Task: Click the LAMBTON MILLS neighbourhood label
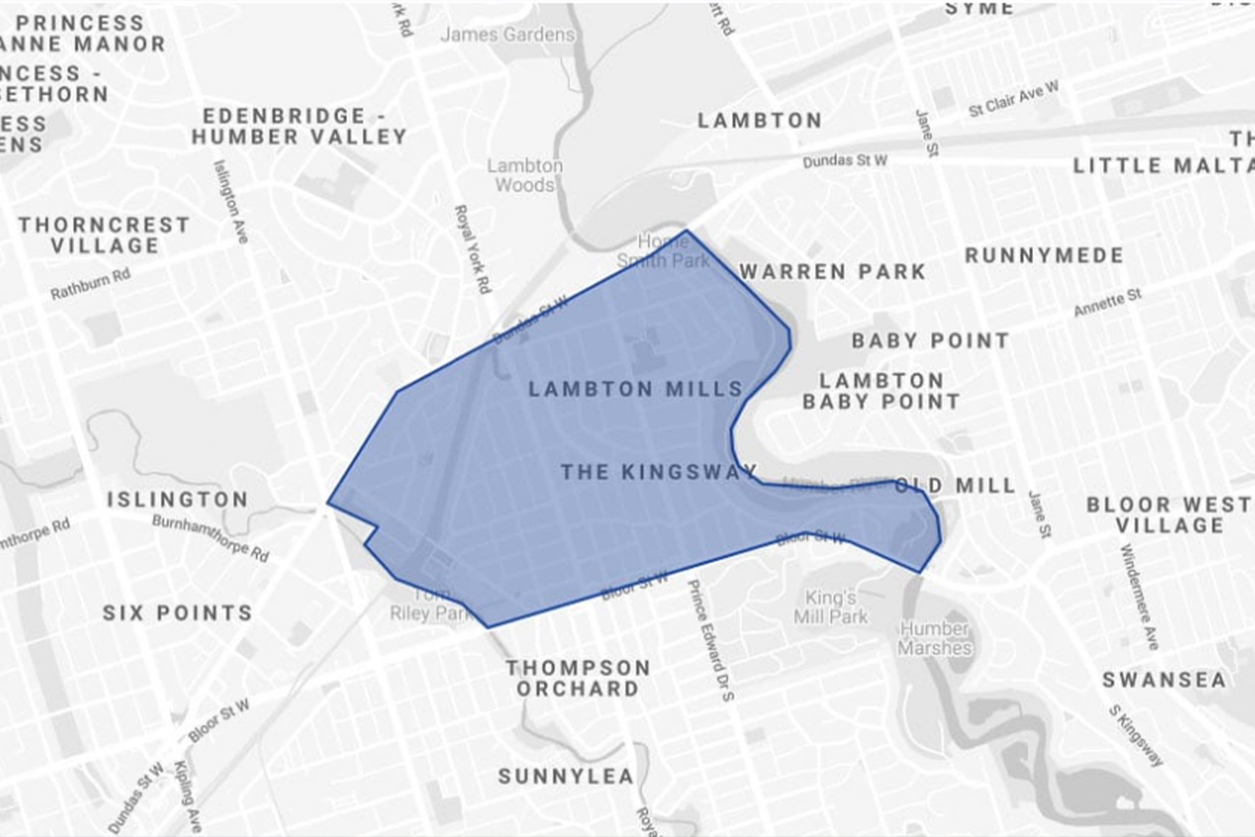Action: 635,389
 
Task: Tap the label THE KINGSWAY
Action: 658,472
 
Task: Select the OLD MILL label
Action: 954,486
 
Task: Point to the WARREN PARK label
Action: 832,272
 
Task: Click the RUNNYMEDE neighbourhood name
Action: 1044,255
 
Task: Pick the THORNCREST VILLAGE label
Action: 104,235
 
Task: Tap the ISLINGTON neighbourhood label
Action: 177,500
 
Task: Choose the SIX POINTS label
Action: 177,613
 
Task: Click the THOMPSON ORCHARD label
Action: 578,678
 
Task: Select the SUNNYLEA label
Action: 566,776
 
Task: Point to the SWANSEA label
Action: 1164,680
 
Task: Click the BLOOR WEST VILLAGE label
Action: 1169,514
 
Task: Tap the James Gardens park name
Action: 507,35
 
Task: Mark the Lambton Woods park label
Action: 525,175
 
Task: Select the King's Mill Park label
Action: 830,607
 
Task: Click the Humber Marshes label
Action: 934,638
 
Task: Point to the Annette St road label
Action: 1108,303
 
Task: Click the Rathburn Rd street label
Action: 90,285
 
